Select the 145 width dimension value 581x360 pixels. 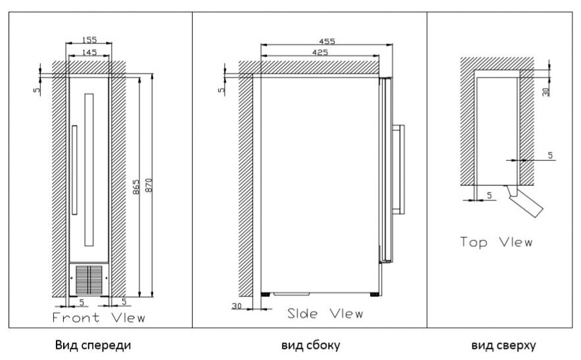pos(91,52)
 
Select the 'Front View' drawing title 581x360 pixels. pos(98,318)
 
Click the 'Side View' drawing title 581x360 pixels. pos(325,313)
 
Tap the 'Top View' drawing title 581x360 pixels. pos(496,241)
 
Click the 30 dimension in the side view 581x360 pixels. pos(237,305)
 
